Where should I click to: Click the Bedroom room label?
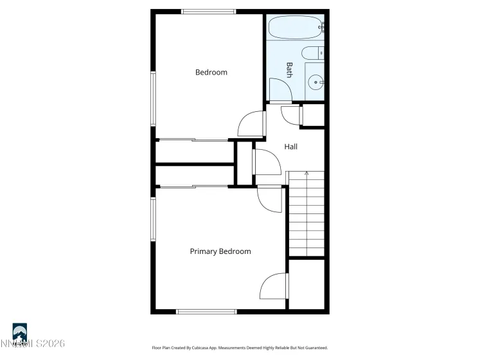tap(211, 73)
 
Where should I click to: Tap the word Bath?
tap(289, 69)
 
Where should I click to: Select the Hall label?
tap(291, 147)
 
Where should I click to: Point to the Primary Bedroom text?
tap(220, 251)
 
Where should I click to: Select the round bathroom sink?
tap(316, 82)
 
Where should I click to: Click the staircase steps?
tap(307, 215)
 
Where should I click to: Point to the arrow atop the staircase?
tap(307, 174)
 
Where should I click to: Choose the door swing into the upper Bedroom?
tap(251, 123)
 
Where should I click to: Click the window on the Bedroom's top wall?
tap(208, 12)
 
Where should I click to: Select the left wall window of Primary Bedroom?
tap(154, 219)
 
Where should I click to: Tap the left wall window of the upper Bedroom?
tap(154, 98)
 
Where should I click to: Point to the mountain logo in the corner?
tap(20, 332)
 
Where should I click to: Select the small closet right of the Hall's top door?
tap(313, 116)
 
